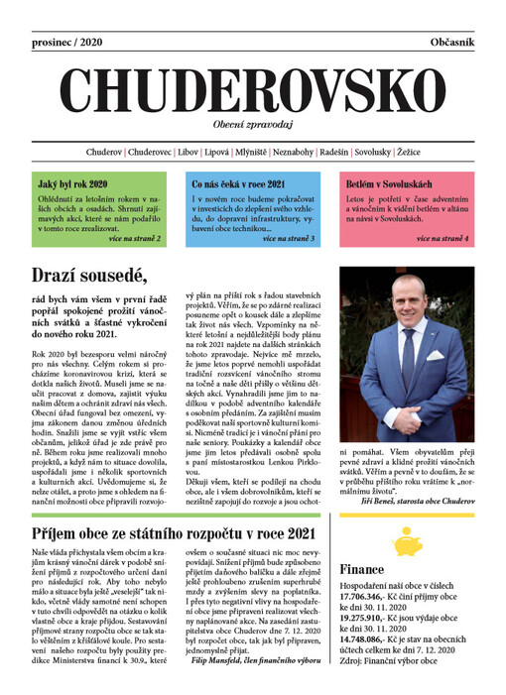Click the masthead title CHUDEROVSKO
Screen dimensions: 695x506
pyautogui.click(x=253, y=93)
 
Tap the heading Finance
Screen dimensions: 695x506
pyautogui.click(x=363, y=572)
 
